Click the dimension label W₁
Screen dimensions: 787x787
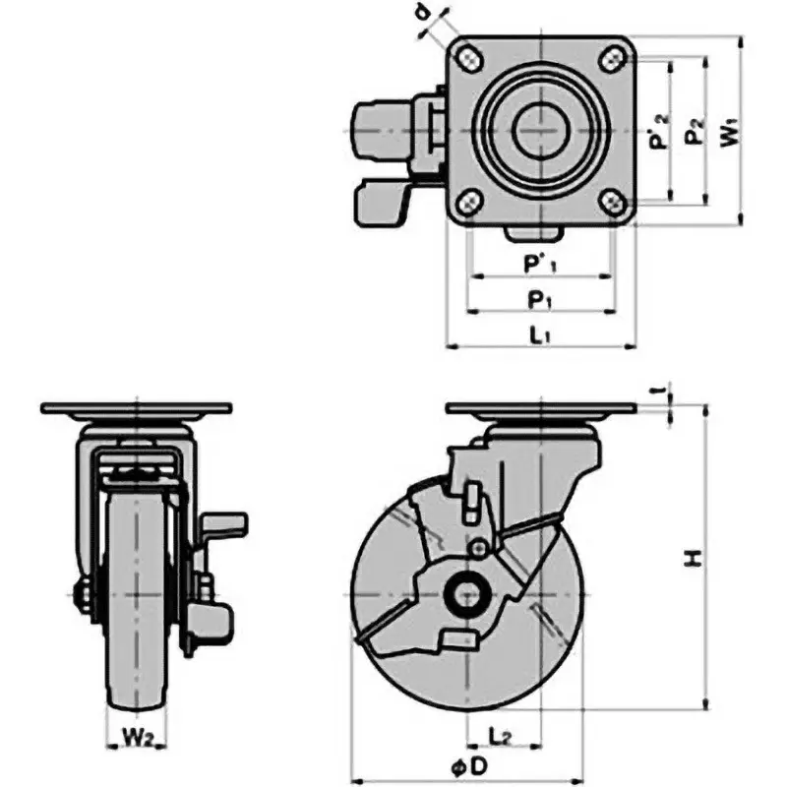(729, 133)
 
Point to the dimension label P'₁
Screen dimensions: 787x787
(540, 264)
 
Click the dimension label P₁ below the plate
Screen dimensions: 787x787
(539, 297)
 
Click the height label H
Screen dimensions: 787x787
(695, 559)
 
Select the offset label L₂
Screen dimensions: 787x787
(499, 733)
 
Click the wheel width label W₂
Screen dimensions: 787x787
(135, 733)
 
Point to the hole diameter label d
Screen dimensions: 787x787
(422, 14)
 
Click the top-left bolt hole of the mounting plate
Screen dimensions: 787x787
(468, 58)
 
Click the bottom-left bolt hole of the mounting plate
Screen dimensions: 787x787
(468, 204)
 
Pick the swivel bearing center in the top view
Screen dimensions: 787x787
(541, 131)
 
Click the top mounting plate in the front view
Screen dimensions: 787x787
(136, 408)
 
